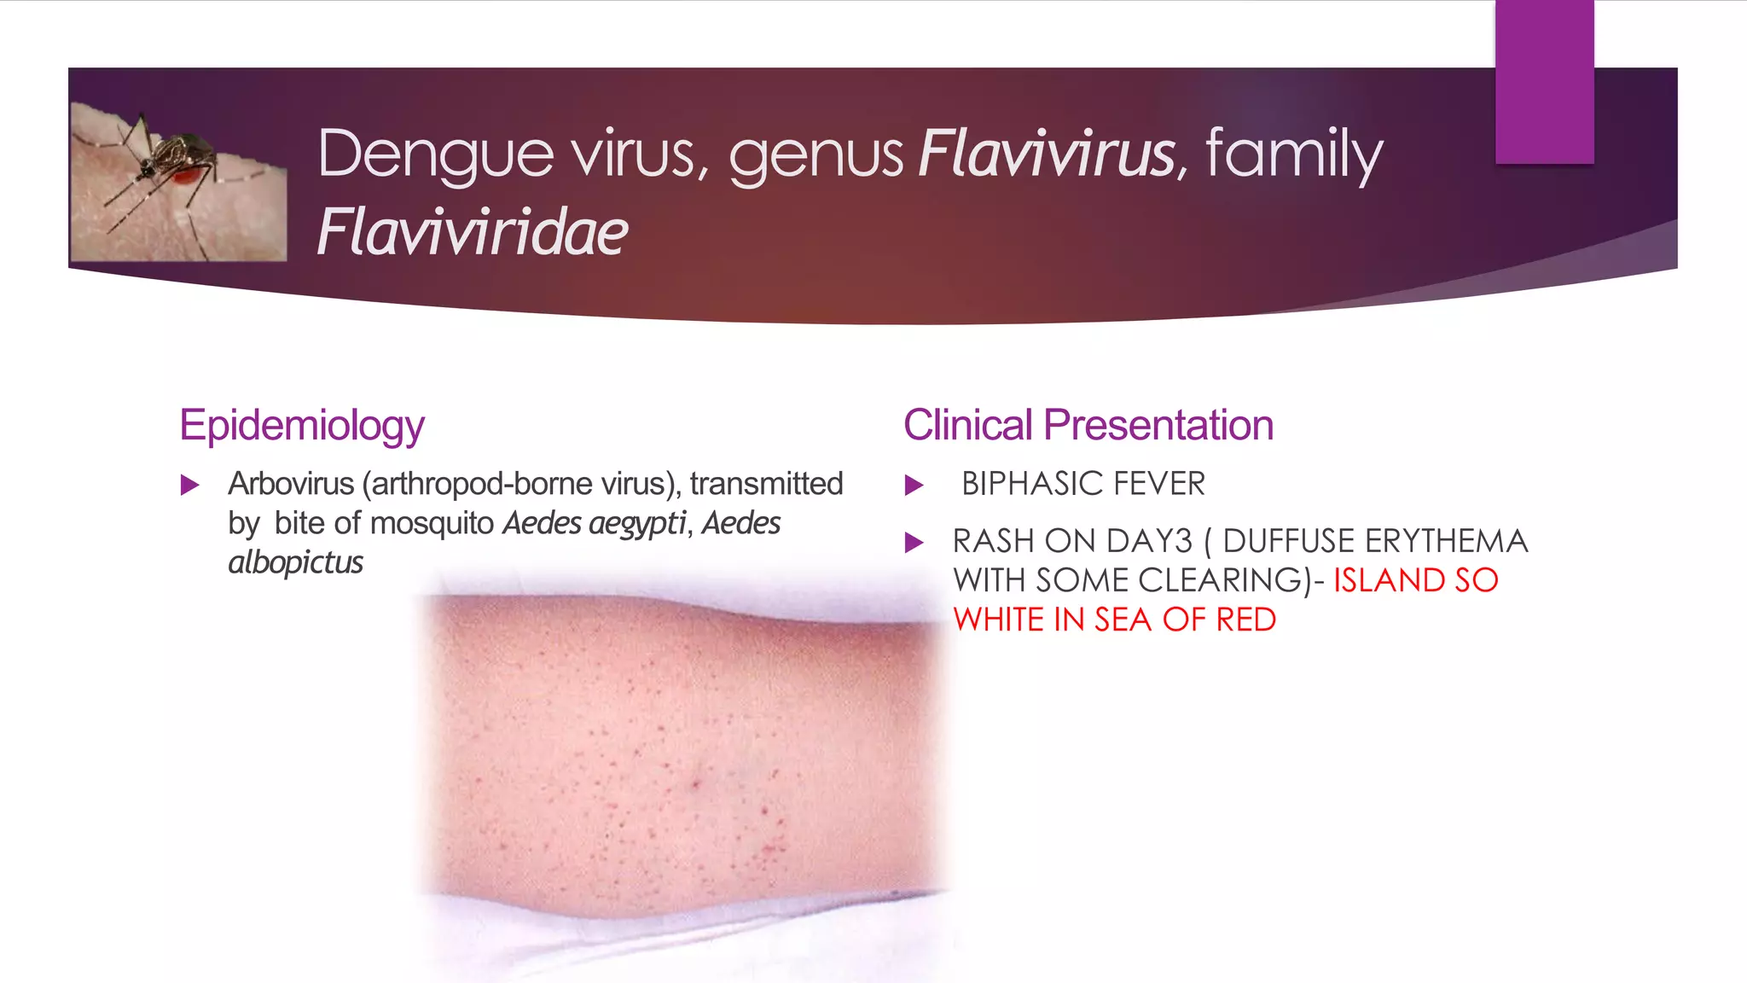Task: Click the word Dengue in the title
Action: pos(435,155)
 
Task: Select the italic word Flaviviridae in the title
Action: pos(473,233)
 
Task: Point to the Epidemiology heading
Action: pos(302,426)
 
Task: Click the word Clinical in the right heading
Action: pos(968,425)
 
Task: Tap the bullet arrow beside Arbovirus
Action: pos(190,486)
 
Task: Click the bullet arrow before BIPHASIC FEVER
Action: pos(914,486)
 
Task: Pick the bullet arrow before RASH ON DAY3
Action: pos(914,543)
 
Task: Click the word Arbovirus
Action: pos(291,484)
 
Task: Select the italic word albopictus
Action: pos(296,563)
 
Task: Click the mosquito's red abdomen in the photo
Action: pos(189,176)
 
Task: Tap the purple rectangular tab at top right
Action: pos(1544,81)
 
